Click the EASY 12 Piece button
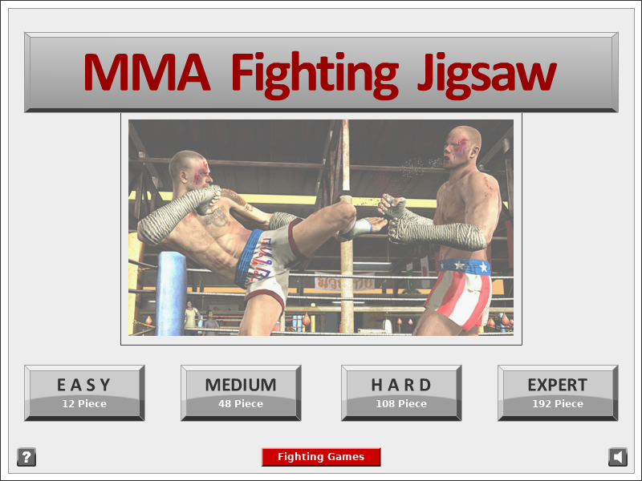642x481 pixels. tap(84, 393)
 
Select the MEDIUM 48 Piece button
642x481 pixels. tap(241, 393)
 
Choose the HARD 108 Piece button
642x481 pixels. tap(401, 393)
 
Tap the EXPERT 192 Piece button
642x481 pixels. tap(558, 393)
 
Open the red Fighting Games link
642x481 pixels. tap(321, 457)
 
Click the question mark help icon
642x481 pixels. tap(26, 457)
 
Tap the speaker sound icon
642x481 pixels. tap(618, 457)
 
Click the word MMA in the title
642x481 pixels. tap(147, 72)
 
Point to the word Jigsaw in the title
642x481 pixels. tap(487, 76)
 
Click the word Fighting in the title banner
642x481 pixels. tap(315, 76)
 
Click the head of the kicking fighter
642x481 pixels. tap(191, 170)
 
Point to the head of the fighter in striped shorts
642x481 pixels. tap(463, 148)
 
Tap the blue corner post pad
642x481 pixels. tap(171, 293)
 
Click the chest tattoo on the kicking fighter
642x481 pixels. tap(217, 216)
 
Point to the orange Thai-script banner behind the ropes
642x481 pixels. tap(344, 283)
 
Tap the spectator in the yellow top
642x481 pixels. tap(191, 316)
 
